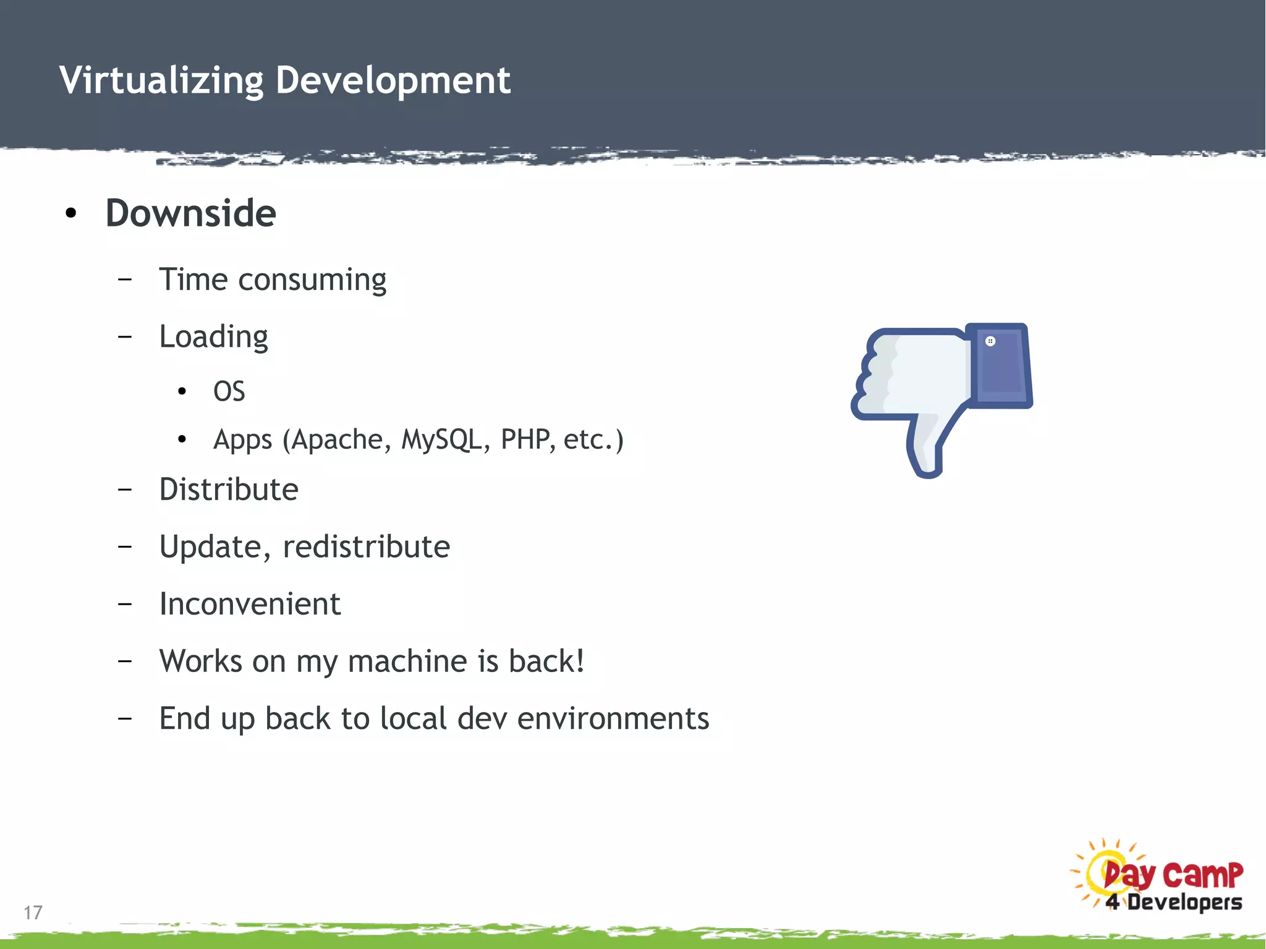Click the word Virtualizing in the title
[161, 80]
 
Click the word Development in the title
[393, 80]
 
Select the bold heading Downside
[190, 213]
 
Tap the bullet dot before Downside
[71, 213]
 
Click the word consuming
[312, 280]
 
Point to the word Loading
[213, 338]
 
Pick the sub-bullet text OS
[229, 391]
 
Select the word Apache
[338, 440]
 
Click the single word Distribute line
[229, 490]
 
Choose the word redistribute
[366, 547]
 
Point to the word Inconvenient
[250, 604]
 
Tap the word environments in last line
[613, 718]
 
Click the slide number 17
[33, 913]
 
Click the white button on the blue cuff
[990, 341]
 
